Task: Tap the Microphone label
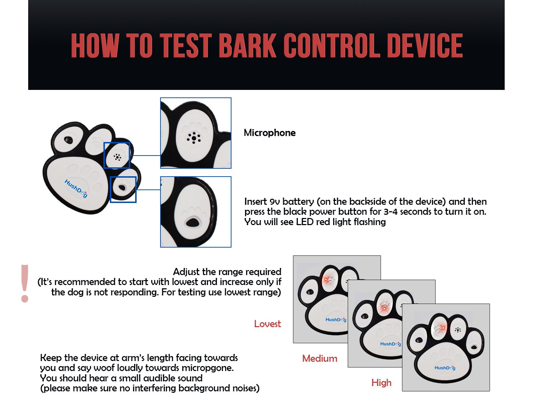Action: coord(270,133)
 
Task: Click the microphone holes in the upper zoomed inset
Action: coord(194,138)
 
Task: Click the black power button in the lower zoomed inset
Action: coord(193,223)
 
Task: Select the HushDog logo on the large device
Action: coord(76,188)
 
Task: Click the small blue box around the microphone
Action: coord(117,155)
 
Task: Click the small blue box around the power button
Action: coord(123,189)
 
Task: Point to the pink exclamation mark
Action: coord(25,283)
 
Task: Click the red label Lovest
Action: coord(267,324)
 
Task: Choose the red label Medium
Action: coord(320,359)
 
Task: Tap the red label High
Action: coord(381,383)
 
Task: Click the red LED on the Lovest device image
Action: coord(326,279)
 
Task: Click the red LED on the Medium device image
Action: coord(384,308)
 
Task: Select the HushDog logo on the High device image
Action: coord(445,368)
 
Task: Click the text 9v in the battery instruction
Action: coord(275,202)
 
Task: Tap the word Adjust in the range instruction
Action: coord(186,272)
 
